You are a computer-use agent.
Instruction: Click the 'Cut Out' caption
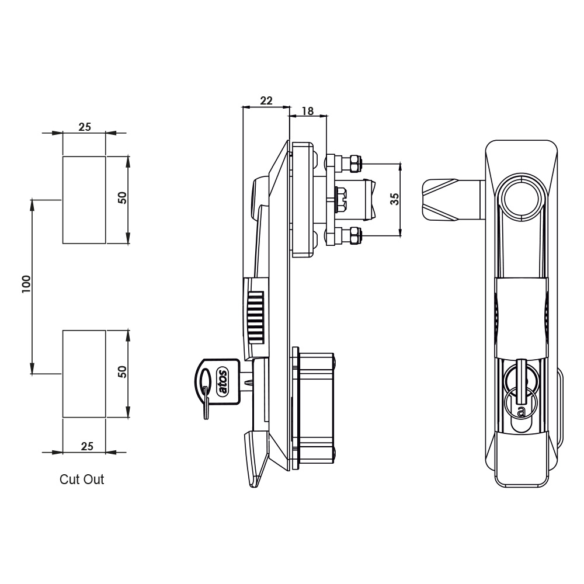[82, 479]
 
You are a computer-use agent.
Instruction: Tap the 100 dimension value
[26, 284]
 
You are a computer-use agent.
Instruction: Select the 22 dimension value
[266, 100]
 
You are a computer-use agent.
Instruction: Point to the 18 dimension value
[308, 111]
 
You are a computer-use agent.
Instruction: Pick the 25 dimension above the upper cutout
[85, 127]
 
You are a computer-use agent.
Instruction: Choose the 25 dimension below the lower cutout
[87, 446]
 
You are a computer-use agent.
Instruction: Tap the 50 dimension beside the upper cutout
[122, 198]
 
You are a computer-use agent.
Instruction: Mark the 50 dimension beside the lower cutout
[122, 371]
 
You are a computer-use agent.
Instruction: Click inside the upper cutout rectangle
[84, 200]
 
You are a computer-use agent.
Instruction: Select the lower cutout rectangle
[84, 374]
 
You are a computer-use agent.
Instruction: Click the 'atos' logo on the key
[223, 381]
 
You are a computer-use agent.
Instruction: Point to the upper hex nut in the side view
[354, 163]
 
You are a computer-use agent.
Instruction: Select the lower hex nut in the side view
[354, 236]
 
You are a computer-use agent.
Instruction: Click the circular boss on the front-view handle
[522, 197]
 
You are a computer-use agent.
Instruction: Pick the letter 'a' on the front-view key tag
[521, 411]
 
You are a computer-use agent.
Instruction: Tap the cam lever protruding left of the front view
[453, 200]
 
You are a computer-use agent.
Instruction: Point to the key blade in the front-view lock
[522, 381]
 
